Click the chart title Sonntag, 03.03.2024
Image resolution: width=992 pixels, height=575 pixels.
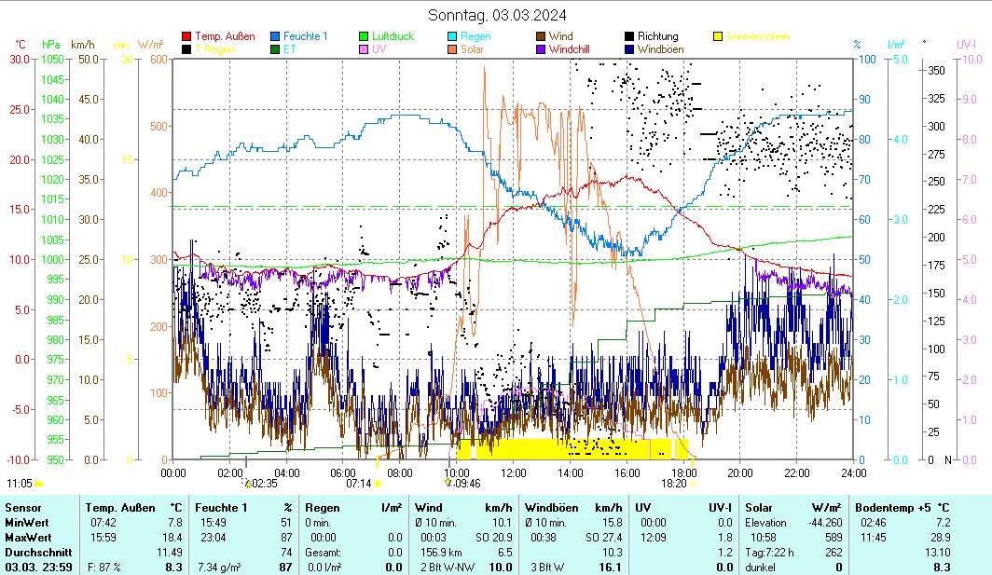(496, 14)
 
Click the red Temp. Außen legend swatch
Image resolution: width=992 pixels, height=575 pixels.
(186, 36)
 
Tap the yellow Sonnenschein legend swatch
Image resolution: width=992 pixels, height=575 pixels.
(719, 36)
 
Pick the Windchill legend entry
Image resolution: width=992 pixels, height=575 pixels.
(574, 49)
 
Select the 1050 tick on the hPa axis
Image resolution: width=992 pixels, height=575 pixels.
(51, 59)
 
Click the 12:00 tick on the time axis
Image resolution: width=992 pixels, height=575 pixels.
(514, 473)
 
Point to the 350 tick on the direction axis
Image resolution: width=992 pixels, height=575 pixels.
(936, 70)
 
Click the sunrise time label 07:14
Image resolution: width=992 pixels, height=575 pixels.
(359, 484)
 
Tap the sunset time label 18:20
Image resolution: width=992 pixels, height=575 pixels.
(674, 484)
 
